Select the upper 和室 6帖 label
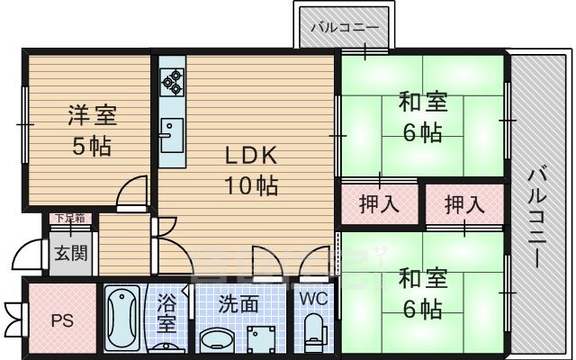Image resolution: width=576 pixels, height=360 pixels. (421, 118)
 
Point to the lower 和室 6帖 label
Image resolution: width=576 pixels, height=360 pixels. (421, 294)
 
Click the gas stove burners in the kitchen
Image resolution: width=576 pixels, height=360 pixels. (172, 83)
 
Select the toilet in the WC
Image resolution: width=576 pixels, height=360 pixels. (313, 329)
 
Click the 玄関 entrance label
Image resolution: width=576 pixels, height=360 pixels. (69, 253)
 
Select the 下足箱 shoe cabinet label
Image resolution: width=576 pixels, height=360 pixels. (69, 218)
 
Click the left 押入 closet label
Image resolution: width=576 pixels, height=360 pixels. (379, 203)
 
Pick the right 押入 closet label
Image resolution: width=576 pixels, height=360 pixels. (464, 203)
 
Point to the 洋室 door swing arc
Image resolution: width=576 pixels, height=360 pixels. (133, 190)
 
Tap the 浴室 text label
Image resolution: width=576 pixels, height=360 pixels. (167, 311)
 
